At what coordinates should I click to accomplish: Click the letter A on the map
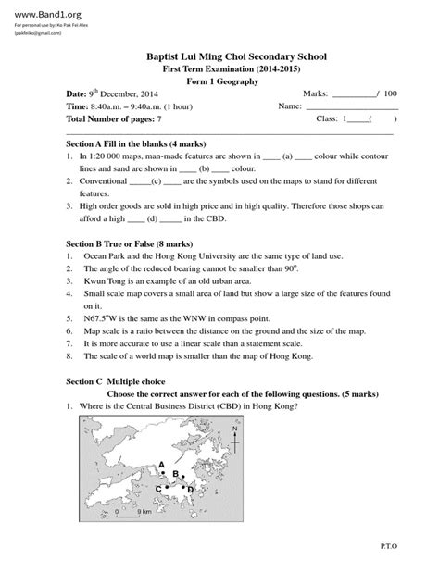point(161,464)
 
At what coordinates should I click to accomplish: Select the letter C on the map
point(158,487)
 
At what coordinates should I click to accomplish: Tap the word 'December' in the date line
point(120,94)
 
